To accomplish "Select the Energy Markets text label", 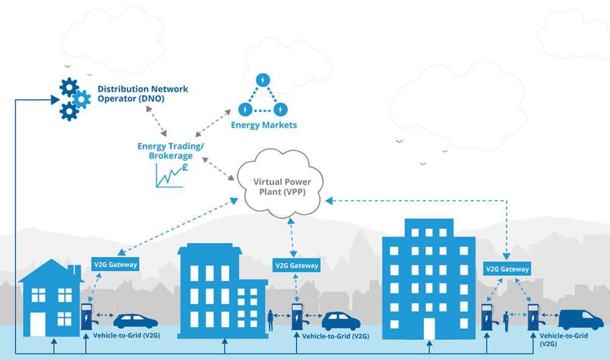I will [264, 125].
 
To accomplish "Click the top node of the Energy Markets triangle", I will [263, 80].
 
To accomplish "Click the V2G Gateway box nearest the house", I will [115, 264].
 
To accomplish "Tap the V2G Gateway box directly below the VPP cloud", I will [296, 265].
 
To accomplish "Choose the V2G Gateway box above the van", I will [507, 268].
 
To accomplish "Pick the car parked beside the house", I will [135, 321].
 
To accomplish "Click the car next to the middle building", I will [340, 321].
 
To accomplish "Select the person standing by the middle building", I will [270, 320].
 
